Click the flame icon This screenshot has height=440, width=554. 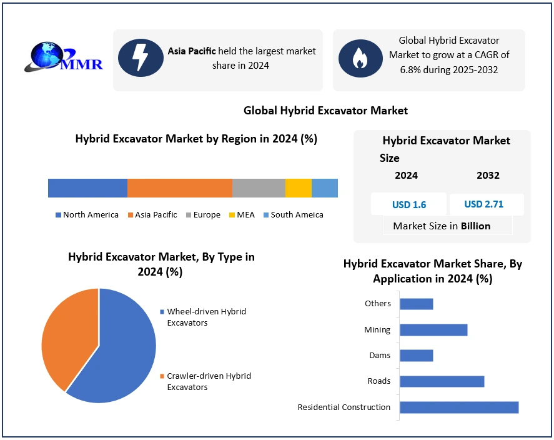(360, 58)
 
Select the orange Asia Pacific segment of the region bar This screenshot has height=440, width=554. (179, 188)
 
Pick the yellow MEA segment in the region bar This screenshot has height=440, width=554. (298, 188)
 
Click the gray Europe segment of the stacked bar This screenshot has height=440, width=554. (259, 188)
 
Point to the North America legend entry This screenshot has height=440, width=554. (87, 215)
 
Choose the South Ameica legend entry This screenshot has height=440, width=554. (293, 215)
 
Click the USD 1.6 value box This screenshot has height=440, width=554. (409, 204)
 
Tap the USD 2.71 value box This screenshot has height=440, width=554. (484, 204)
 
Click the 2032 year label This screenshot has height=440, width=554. (488, 176)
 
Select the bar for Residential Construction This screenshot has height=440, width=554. (459, 407)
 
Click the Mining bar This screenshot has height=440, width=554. (433, 330)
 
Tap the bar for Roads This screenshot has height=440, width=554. (442, 381)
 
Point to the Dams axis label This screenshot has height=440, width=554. (380, 356)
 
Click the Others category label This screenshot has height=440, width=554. (378, 304)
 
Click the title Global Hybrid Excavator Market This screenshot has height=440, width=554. (325, 111)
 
